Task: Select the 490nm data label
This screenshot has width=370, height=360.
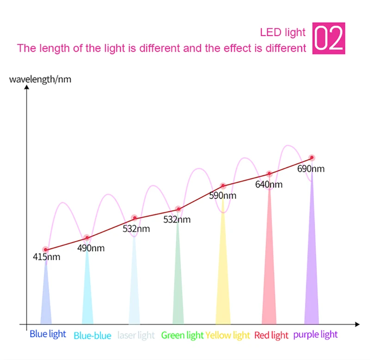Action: (91, 248)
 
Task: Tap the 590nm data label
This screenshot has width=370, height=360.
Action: (222, 195)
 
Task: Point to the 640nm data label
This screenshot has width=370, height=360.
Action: (269, 185)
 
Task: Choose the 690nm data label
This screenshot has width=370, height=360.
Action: (311, 169)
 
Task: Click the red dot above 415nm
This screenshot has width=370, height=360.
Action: (45, 250)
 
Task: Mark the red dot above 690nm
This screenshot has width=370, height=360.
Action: (312, 158)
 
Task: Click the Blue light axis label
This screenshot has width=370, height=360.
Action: (48, 334)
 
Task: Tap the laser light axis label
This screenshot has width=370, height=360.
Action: (136, 335)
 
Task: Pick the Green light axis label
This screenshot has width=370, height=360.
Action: (182, 335)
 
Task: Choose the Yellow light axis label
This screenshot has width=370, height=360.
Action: (228, 335)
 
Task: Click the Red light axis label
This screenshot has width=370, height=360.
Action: (271, 335)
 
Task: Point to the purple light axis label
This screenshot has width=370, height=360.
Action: (315, 334)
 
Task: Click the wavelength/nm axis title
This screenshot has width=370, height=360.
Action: (40, 79)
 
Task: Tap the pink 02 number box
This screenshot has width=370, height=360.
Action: (329, 38)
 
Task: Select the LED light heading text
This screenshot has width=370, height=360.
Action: (283, 32)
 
